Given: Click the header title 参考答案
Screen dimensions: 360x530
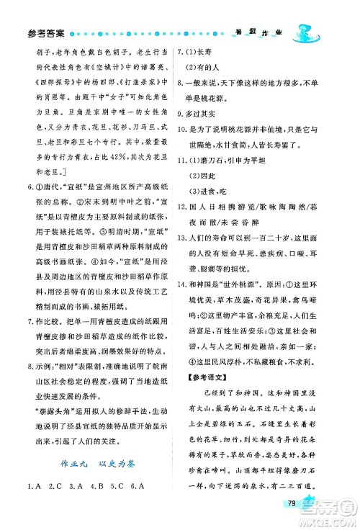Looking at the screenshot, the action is click(45, 32).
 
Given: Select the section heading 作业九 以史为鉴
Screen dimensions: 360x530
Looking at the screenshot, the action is click(95, 465).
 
